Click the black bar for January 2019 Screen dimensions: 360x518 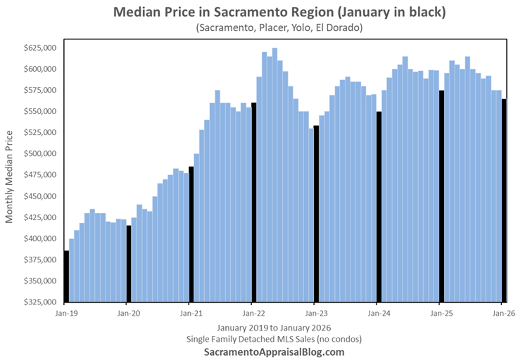[x=66, y=276]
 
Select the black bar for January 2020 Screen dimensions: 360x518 [x=129, y=263]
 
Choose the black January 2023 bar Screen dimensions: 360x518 [x=316, y=214]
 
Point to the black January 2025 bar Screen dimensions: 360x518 [x=442, y=196]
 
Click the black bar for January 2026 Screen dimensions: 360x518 [x=503, y=200]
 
